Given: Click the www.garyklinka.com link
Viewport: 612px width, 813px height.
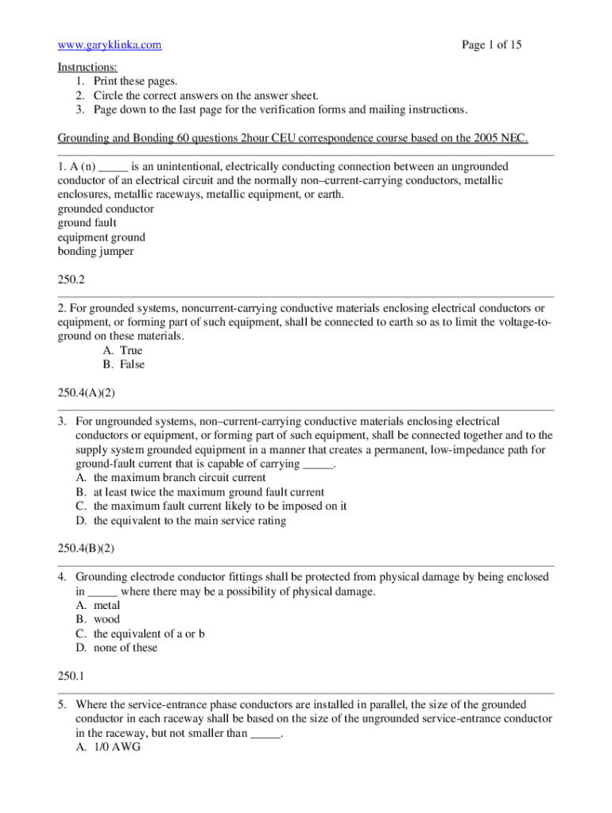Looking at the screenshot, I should tap(109, 45).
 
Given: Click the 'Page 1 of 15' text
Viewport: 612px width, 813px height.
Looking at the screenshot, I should tap(491, 45).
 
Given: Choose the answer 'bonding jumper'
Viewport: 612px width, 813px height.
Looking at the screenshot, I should tap(95, 252).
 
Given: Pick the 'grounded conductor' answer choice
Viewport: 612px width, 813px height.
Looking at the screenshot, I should tap(106, 209).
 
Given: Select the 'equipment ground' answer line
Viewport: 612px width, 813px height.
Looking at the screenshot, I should tap(101, 237).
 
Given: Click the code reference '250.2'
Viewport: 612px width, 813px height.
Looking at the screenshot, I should tap(71, 279).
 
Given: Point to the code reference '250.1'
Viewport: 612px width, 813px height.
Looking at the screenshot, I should tap(71, 676).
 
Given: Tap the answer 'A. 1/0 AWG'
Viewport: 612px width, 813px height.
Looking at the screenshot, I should tap(108, 747).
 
